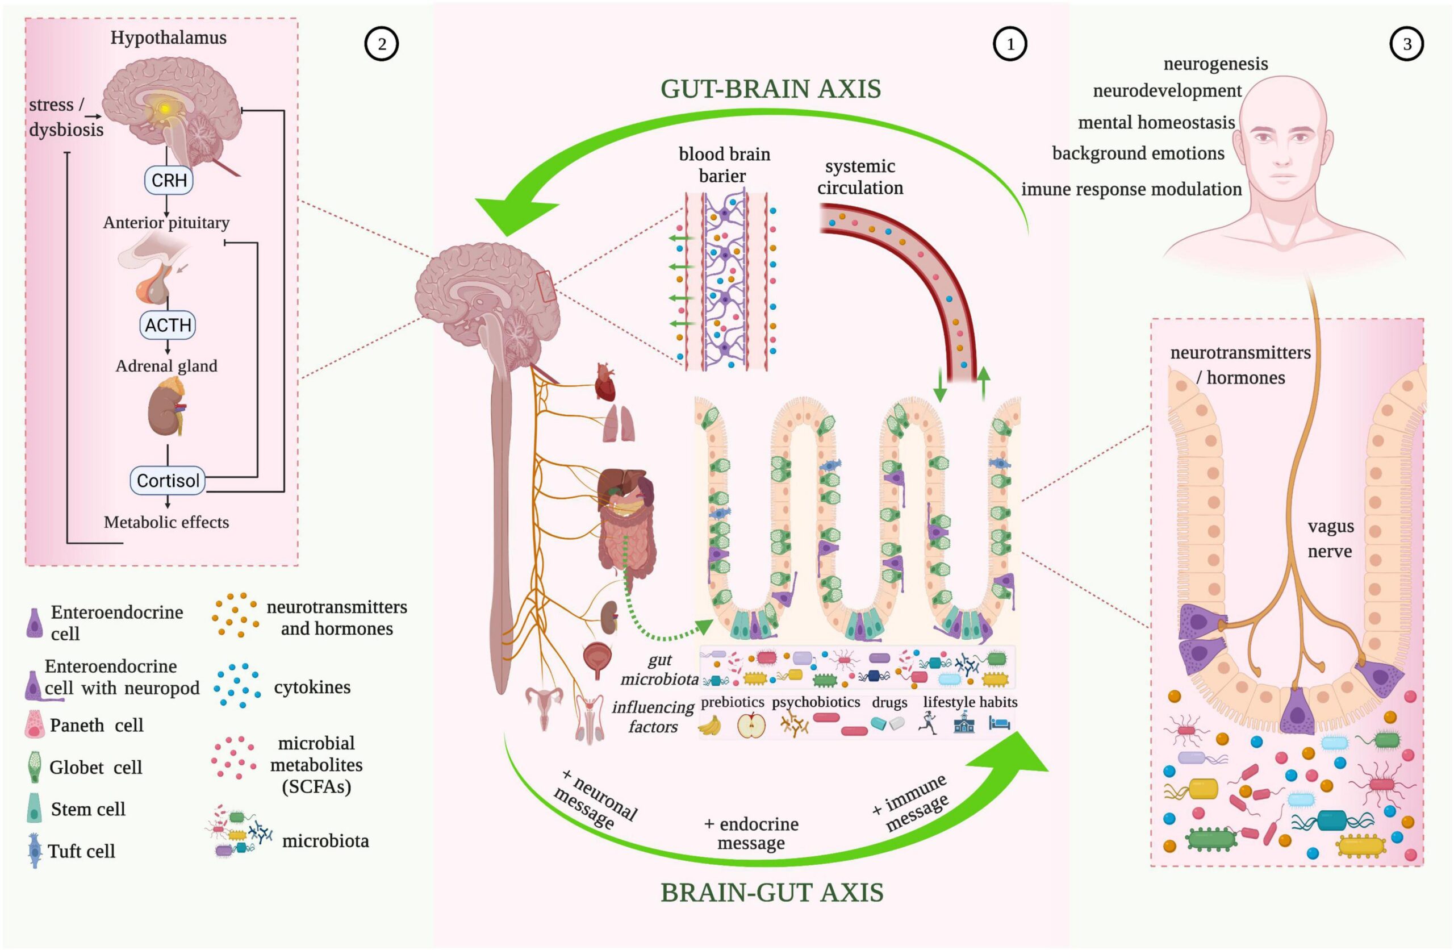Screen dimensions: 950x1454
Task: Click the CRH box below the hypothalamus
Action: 169,180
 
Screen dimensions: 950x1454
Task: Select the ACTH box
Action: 168,324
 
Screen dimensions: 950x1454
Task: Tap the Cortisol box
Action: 168,481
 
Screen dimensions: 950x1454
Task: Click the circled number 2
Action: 382,44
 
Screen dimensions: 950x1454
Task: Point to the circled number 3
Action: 1407,44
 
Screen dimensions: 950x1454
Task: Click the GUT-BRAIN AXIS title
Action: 771,89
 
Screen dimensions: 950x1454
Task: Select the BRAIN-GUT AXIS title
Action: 772,893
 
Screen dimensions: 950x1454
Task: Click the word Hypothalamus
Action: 169,37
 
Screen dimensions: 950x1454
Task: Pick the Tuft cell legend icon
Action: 35,851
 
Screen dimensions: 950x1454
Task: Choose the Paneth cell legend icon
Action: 34,724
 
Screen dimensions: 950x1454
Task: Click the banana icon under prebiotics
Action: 709,726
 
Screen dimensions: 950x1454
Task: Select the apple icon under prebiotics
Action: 751,726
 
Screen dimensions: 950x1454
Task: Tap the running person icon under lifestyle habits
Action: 929,724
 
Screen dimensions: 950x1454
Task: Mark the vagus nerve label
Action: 1331,539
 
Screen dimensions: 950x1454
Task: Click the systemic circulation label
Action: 860,177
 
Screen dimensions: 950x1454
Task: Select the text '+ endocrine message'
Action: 751,833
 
